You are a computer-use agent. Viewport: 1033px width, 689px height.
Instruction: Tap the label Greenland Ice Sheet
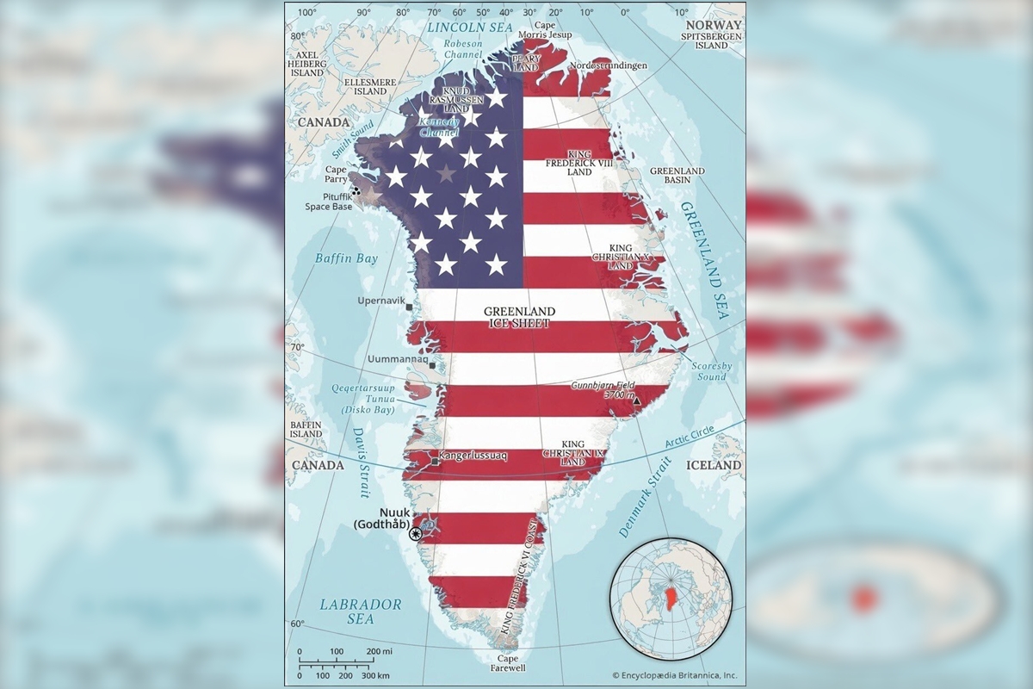[519, 317]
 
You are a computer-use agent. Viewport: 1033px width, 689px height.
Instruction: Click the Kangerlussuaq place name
[474, 454]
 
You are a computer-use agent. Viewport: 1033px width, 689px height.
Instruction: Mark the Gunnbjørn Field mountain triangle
[636, 401]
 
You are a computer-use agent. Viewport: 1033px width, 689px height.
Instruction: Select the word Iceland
[714, 465]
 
